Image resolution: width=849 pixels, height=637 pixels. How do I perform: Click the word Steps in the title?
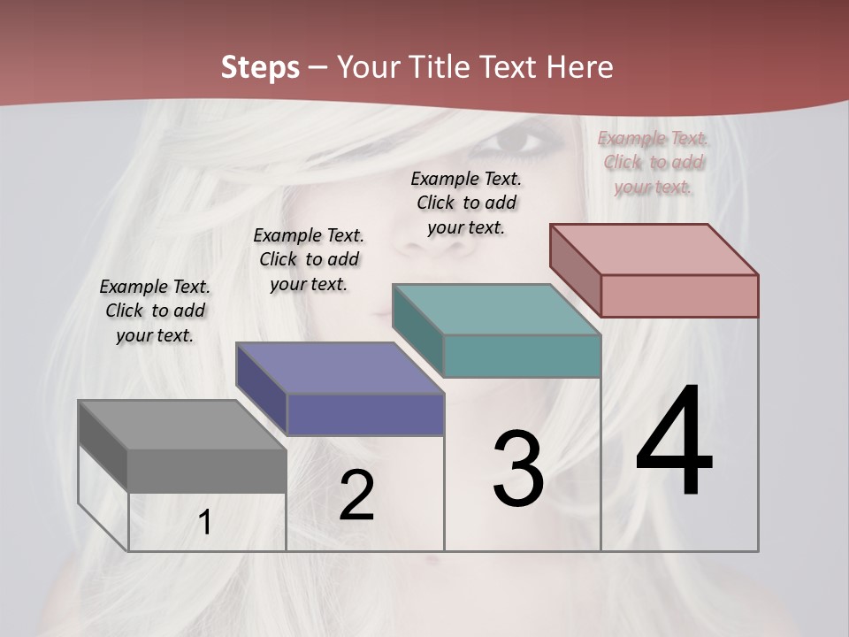(x=260, y=67)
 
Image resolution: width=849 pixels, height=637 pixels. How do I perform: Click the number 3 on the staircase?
(x=518, y=469)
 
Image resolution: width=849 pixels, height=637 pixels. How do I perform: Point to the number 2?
(x=357, y=495)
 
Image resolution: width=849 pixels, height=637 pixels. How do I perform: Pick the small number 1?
(x=205, y=523)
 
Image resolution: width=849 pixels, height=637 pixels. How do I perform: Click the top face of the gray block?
(x=182, y=425)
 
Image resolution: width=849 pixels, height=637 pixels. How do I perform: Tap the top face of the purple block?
(x=340, y=367)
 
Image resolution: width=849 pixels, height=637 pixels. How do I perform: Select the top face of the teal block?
(x=497, y=310)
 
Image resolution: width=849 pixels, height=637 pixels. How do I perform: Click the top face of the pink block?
(x=654, y=249)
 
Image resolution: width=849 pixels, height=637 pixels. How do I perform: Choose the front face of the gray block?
(x=207, y=471)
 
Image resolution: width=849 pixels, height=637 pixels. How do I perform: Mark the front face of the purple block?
(x=364, y=414)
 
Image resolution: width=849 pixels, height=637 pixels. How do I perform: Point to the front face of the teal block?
(x=522, y=356)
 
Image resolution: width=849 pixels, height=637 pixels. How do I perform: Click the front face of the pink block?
(x=679, y=295)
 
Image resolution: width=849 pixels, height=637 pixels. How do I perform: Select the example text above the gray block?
(x=155, y=311)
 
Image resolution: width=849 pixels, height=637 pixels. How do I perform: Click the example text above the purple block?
(x=309, y=259)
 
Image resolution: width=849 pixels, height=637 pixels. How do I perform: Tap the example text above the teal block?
(x=466, y=203)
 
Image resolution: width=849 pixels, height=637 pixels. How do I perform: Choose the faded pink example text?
(x=653, y=162)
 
